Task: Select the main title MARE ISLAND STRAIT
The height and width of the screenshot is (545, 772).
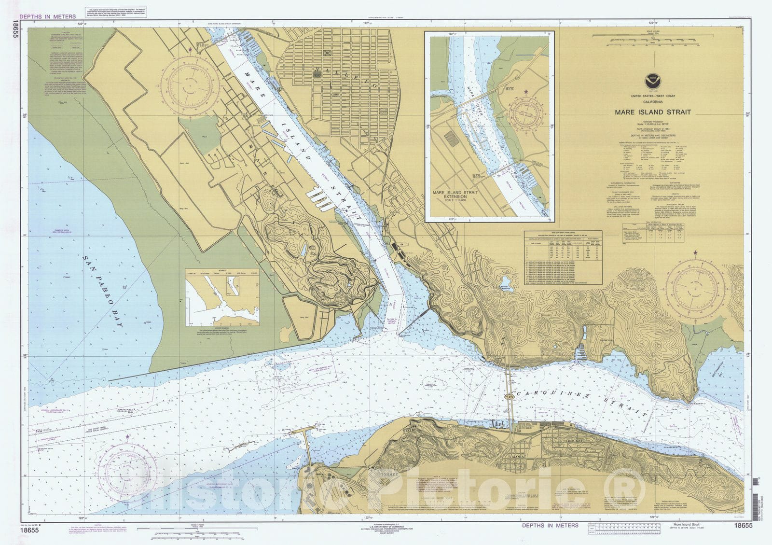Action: [x=652, y=112]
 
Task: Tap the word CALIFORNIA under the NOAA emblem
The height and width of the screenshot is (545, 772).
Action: [x=652, y=102]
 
